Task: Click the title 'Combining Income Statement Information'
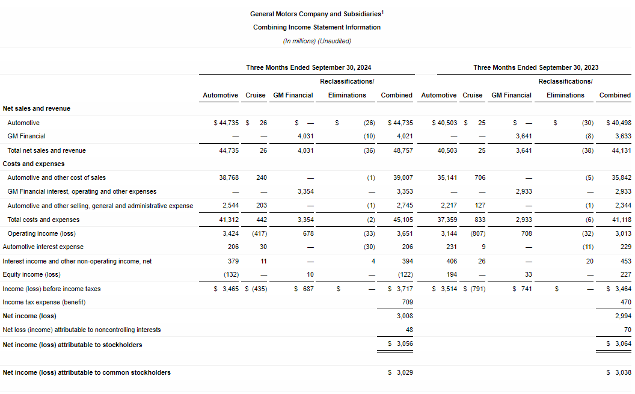click(x=316, y=27)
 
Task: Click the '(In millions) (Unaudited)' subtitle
click(x=316, y=41)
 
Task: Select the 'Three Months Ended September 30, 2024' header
click(x=307, y=68)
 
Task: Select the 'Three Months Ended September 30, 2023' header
click(x=535, y=68)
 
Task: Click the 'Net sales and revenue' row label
click(x=37, y=108)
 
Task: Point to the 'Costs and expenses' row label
click(x=34, y=164)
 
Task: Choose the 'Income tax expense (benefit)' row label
click(x=44, y=302)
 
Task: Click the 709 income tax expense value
click(x=407, y=302)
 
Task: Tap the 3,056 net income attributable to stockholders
click(x=403, y=343)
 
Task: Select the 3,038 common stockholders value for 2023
click(x=622, y=372)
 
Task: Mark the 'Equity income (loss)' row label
click(x=31, y=274)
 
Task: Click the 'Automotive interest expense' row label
click(x=43, y=247)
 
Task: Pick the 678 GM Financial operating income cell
click(x=308, y=233)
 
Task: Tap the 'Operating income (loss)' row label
click(x=41, y=233)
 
